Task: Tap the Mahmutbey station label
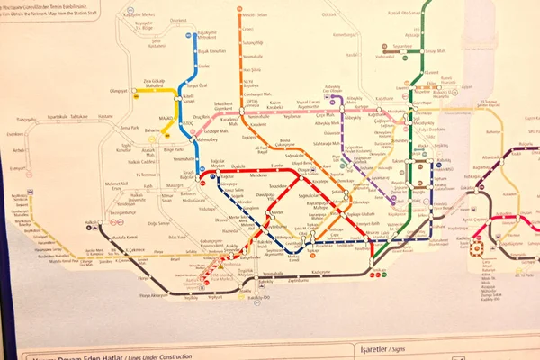point(211,139)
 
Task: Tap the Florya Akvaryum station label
point(154,294)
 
